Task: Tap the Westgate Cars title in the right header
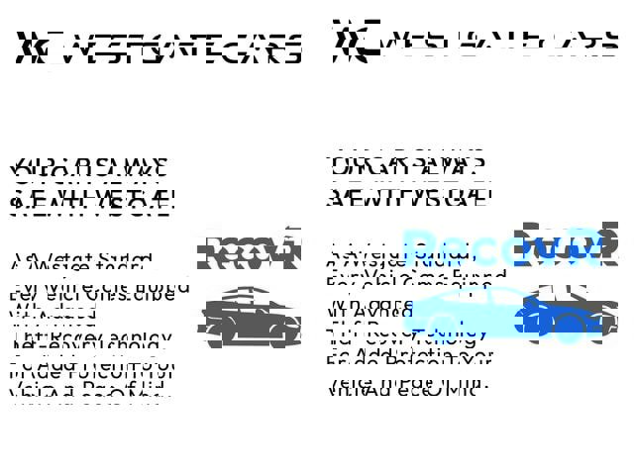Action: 494,39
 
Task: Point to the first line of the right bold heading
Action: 405,162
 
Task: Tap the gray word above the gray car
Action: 248,252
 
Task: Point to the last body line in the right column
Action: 406,387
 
